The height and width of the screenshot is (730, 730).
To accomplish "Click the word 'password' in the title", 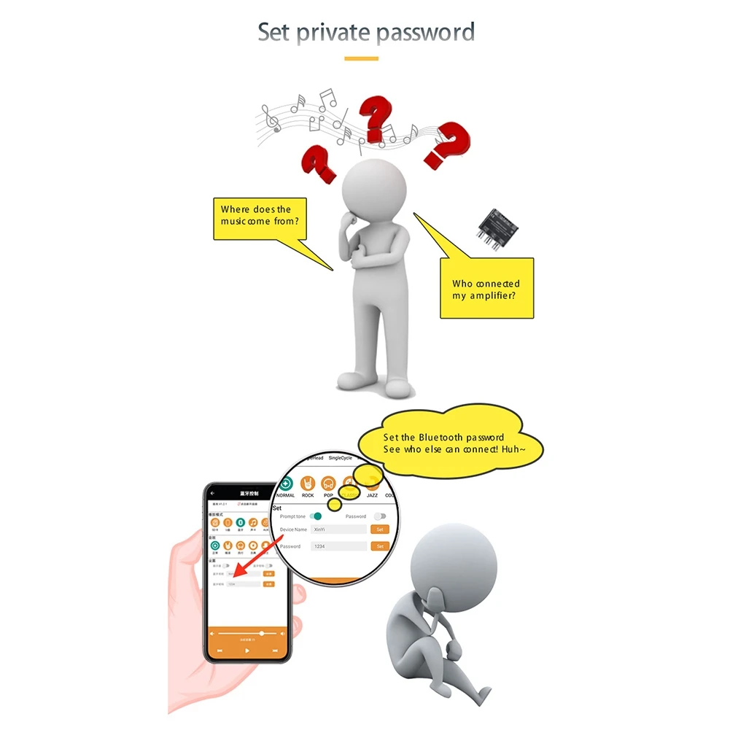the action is [424, 33].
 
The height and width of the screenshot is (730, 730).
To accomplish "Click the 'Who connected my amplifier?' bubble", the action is [486, 288].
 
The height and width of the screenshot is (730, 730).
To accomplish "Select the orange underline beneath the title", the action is [361, 58].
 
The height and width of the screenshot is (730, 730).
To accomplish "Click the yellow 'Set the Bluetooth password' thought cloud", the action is [450, 443].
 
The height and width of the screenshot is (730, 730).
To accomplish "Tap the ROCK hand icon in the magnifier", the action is [308, 484].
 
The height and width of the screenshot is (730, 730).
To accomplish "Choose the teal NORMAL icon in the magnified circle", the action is [286, 484].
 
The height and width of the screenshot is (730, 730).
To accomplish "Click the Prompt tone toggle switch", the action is [315, 516].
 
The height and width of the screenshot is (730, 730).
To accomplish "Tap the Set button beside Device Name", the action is [379, 529].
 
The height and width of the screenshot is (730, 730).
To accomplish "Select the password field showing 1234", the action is [338, 546].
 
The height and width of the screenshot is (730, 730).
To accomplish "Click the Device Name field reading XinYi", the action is [338, 529].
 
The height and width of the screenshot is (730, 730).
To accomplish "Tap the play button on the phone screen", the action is [247, 650].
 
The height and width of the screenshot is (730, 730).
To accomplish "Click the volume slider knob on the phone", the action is [262, 634].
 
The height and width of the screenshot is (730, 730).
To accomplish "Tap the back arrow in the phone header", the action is [213, 494].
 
